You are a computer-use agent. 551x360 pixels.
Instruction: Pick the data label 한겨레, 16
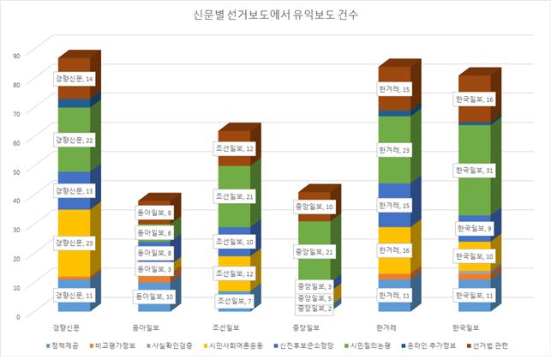[x=397, y=251]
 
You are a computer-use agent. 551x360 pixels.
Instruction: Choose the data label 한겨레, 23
[x=397, y=151]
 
